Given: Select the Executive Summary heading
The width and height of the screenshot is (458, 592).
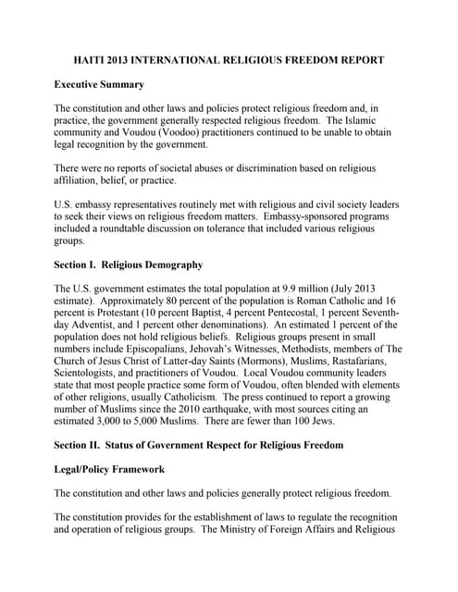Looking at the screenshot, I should (99, 85).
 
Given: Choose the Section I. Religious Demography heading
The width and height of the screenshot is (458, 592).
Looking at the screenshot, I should (128, 265).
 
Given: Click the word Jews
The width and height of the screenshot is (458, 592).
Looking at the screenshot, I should (354, 421).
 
